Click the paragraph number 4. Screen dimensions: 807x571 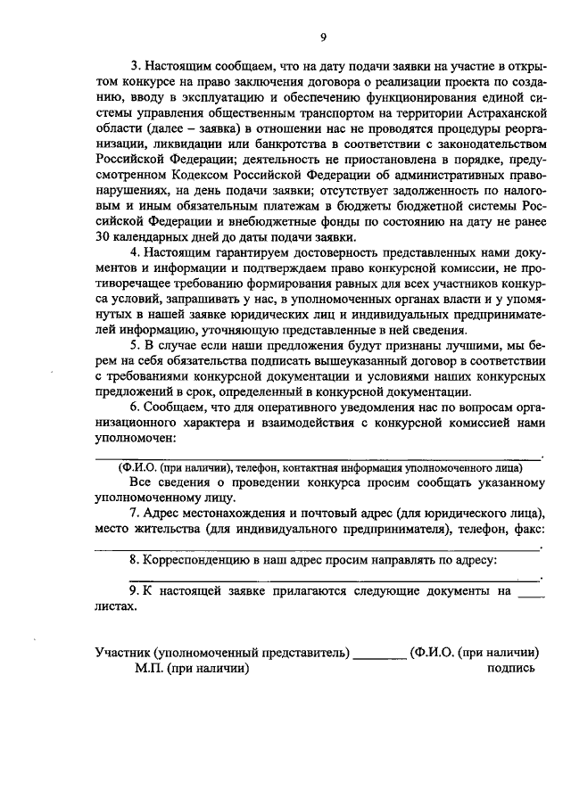point(134,253)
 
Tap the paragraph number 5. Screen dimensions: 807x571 point(134,345)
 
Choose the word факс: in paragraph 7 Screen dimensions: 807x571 point(526,529)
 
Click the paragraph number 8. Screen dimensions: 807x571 point(134,559)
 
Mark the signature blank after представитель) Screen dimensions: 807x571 point(380,655)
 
